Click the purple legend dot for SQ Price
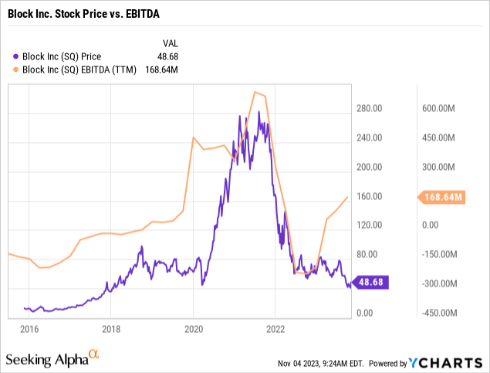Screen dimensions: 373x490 [x=17, y=56]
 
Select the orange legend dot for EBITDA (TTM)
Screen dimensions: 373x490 [x=17, y=69]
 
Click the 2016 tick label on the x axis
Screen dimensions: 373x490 [x=29, y=327]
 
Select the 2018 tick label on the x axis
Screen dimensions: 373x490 [x=110, y=327]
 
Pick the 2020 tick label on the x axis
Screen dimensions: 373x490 [x=193, y=327]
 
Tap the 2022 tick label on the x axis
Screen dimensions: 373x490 [x=275, y=327]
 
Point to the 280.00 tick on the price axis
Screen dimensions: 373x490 [x=369, y=109]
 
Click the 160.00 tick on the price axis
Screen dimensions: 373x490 [x=369, y=196]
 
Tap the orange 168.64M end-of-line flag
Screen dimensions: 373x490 [x=444, y=197]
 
